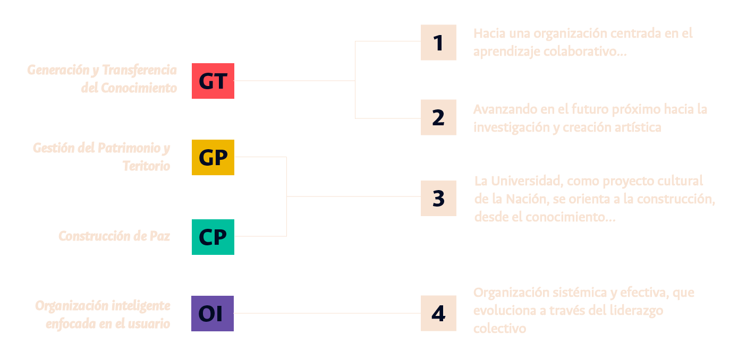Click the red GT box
coord(213,81)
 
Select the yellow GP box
coord(213,158)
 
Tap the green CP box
coord(213,237)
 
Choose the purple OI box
coord(213,314)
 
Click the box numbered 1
coord(438,42)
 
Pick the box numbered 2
coord(438,117)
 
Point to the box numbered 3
coord(438,198)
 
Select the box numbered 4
coord(438,313)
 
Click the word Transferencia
coord(140,70)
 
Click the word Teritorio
coord(147,166)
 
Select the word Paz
coord(160,236)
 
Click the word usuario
coord(149,324)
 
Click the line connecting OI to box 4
coord(327,313)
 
